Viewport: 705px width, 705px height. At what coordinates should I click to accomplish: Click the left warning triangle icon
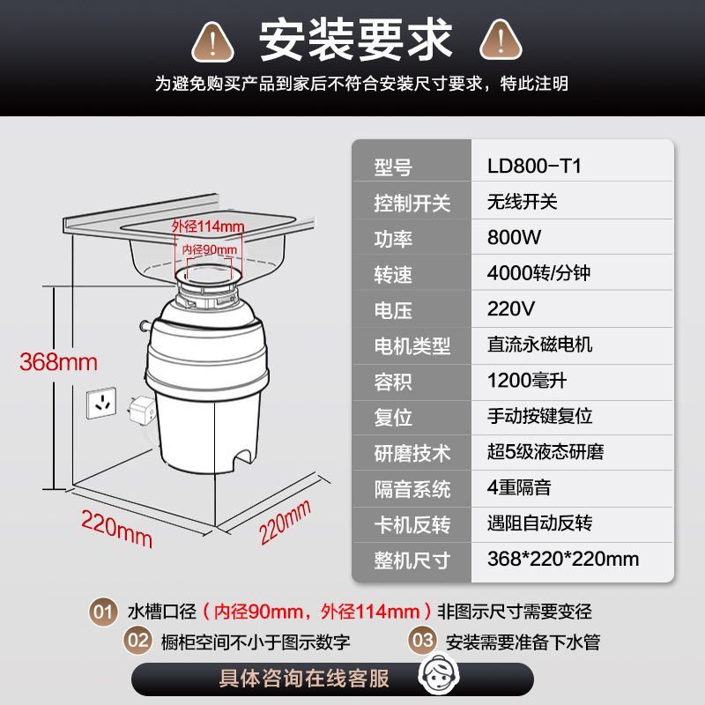(x=212, y=41)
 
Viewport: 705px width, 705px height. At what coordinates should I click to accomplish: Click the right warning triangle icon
(x=501, y=41)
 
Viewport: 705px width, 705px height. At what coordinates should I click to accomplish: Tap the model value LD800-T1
(x=534, y=166)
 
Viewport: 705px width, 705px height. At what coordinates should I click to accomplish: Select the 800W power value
(x=514, y=237)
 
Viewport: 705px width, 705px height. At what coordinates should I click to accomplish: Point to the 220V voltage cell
(x=511, y=309)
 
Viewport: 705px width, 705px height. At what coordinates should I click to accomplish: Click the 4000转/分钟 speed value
(x=538, y=273)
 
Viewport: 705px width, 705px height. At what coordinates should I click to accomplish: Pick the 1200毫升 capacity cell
(x=526, y=381)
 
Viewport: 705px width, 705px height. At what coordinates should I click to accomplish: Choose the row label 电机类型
(x=412, y=345)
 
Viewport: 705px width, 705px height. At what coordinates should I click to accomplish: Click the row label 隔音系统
(x=412, y=489)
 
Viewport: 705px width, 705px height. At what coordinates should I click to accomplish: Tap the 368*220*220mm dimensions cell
(x=563, y=559)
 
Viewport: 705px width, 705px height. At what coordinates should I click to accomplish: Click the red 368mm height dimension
(x=58, y=362)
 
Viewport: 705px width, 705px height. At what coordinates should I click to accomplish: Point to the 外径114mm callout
(x=208, y=226)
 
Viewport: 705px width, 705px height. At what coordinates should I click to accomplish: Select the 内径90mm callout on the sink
(x=209, y=249)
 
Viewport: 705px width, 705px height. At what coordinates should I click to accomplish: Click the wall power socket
(x=101, y=403)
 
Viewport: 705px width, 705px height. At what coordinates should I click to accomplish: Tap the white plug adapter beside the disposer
(x=142, y=410)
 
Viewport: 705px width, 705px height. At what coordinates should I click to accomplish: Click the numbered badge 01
(x=103, y=612)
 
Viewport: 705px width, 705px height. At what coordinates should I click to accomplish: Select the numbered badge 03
(x=423, y=641)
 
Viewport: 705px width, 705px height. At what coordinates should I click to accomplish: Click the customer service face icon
(x=439, y=675)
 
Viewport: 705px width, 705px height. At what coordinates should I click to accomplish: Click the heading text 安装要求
(x=355, y=40)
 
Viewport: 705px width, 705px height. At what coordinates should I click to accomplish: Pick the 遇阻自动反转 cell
(x=539, y=523)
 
